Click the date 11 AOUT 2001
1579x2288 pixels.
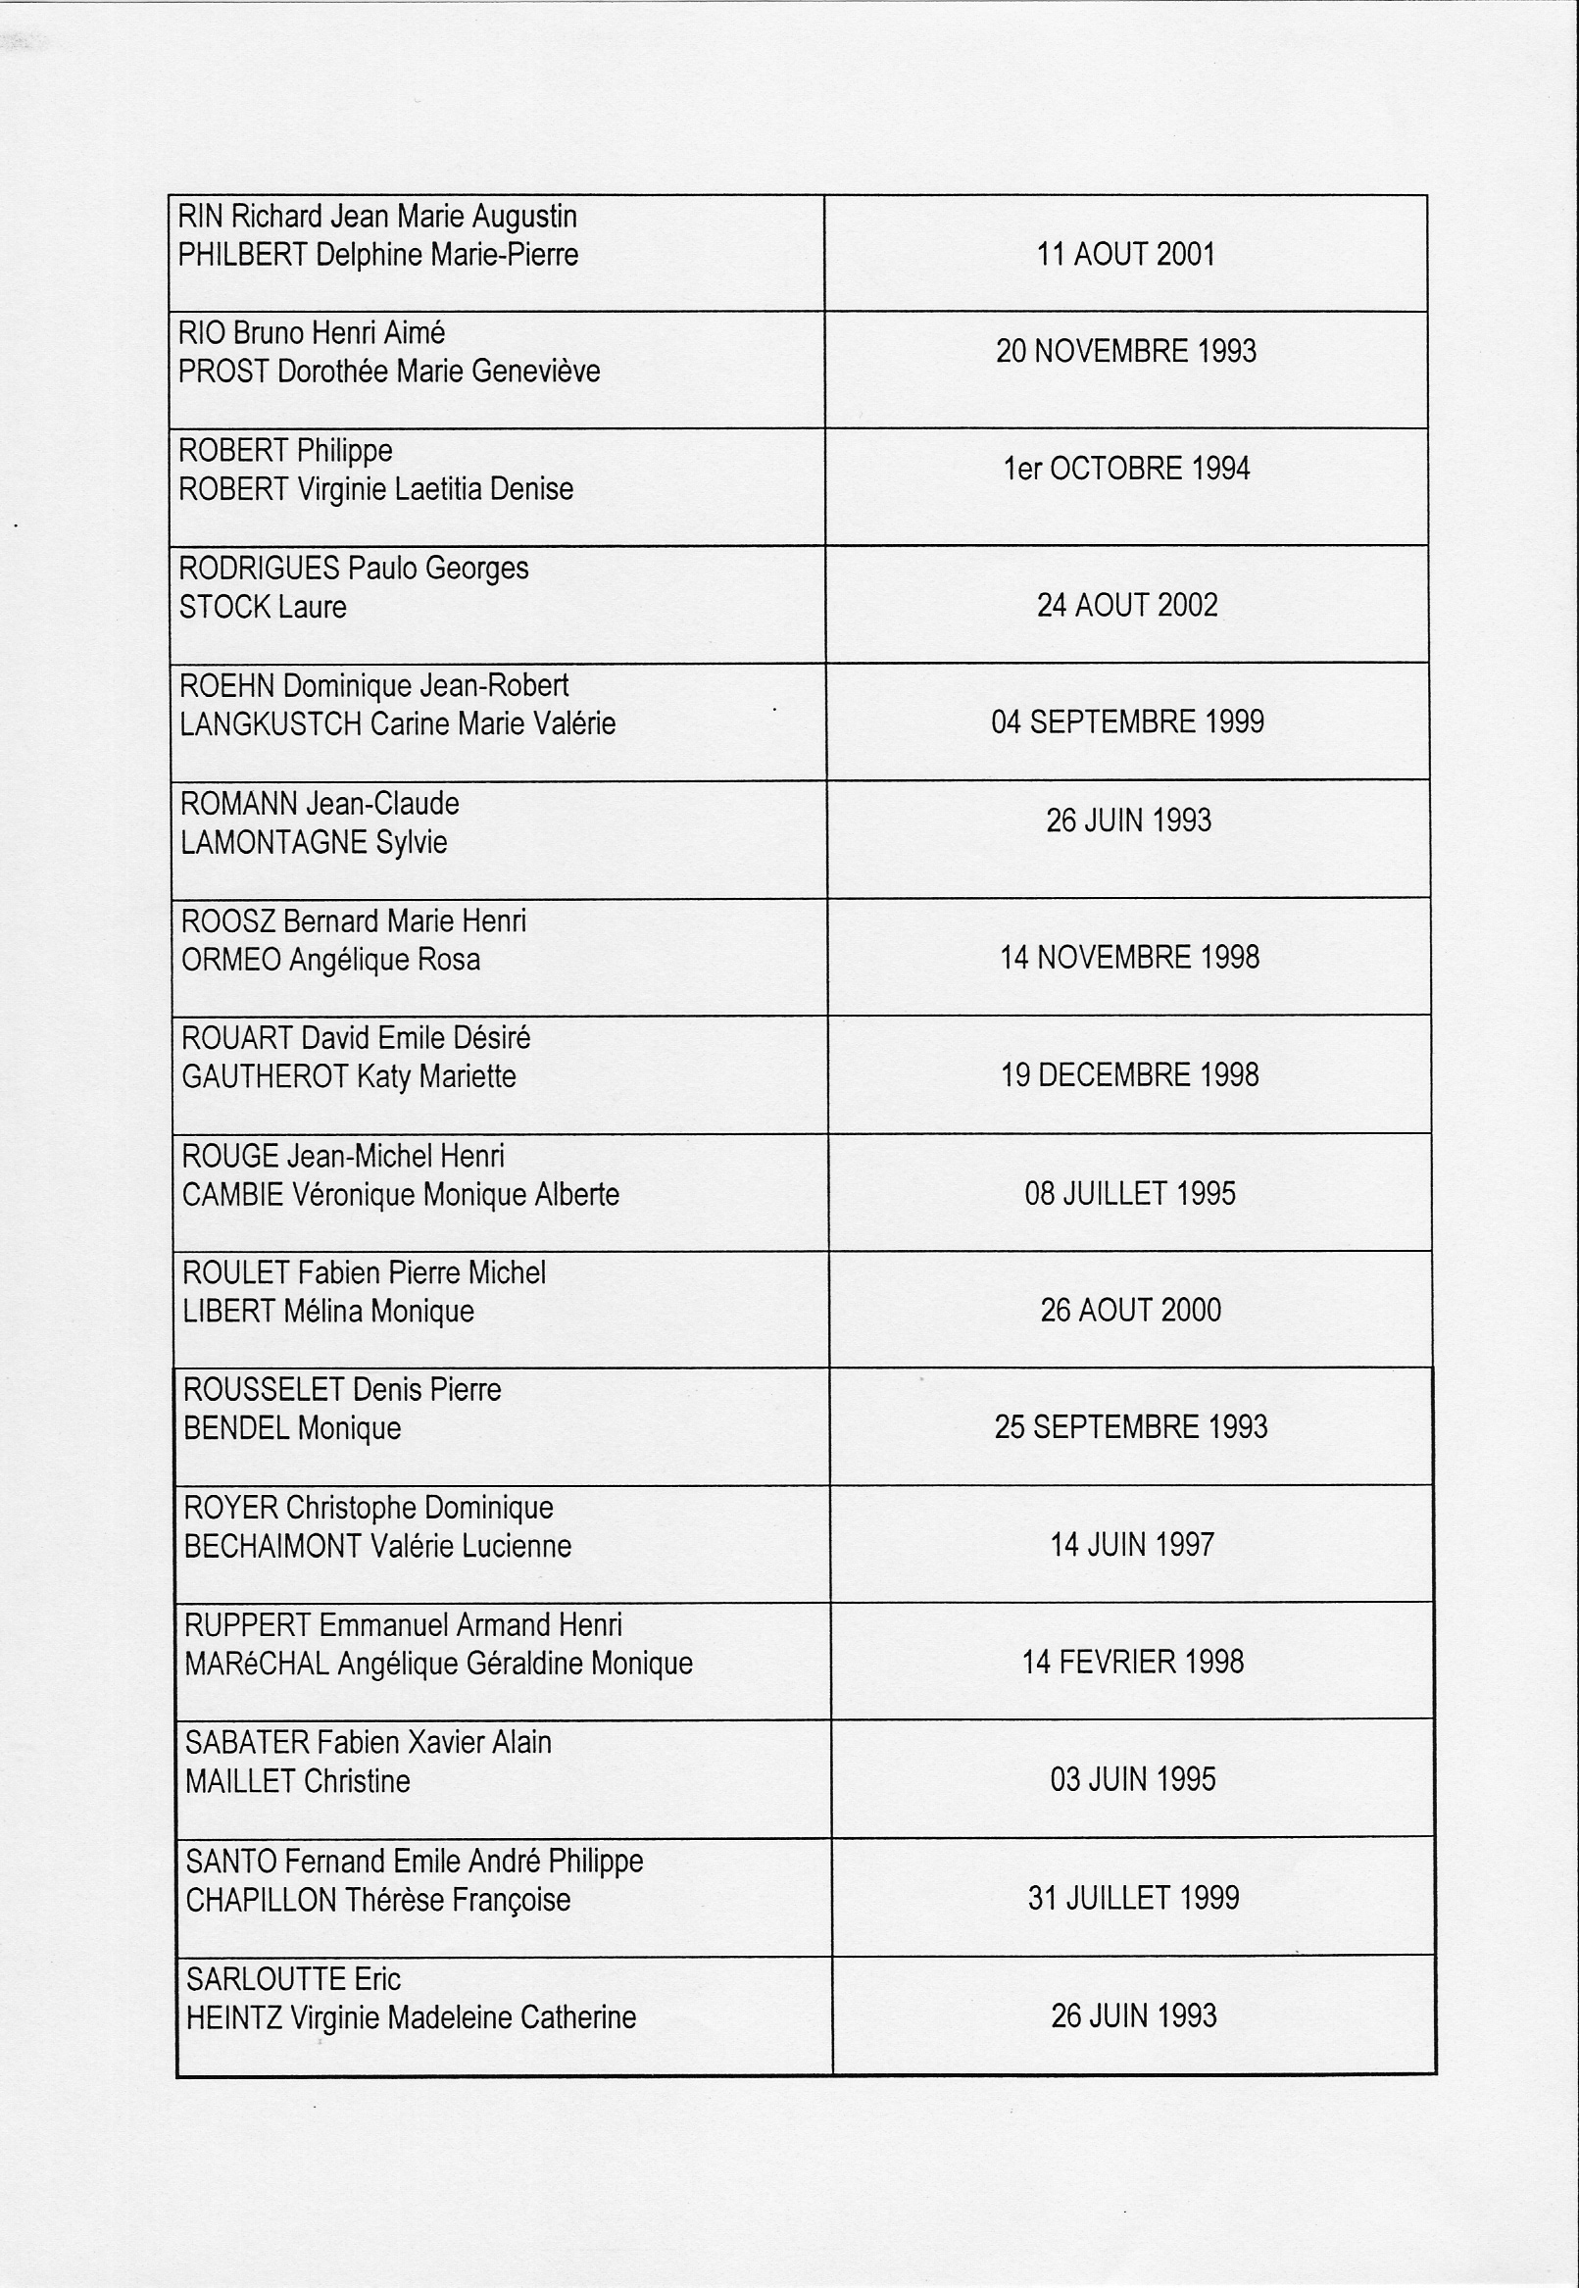(x=1125, y=254)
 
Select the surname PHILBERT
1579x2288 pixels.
(x=242, y=255)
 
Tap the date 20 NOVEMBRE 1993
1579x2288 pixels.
(x=1126, y=351)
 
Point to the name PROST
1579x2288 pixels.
(x=223, y=373)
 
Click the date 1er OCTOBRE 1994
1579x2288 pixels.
(x=1127, y=469)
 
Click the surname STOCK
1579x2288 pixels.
(x=224, y=607)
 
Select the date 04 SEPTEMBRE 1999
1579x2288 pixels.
(x=1127, y=721)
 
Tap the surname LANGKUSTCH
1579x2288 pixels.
(x=271, y=724)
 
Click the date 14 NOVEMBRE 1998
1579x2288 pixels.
(x=1129, y=957)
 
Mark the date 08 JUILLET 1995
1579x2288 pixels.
(x=1130, y=1193)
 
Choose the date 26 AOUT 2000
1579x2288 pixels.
(x=1130, y=1311)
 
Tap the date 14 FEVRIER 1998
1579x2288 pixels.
(x=1132, y=1662)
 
